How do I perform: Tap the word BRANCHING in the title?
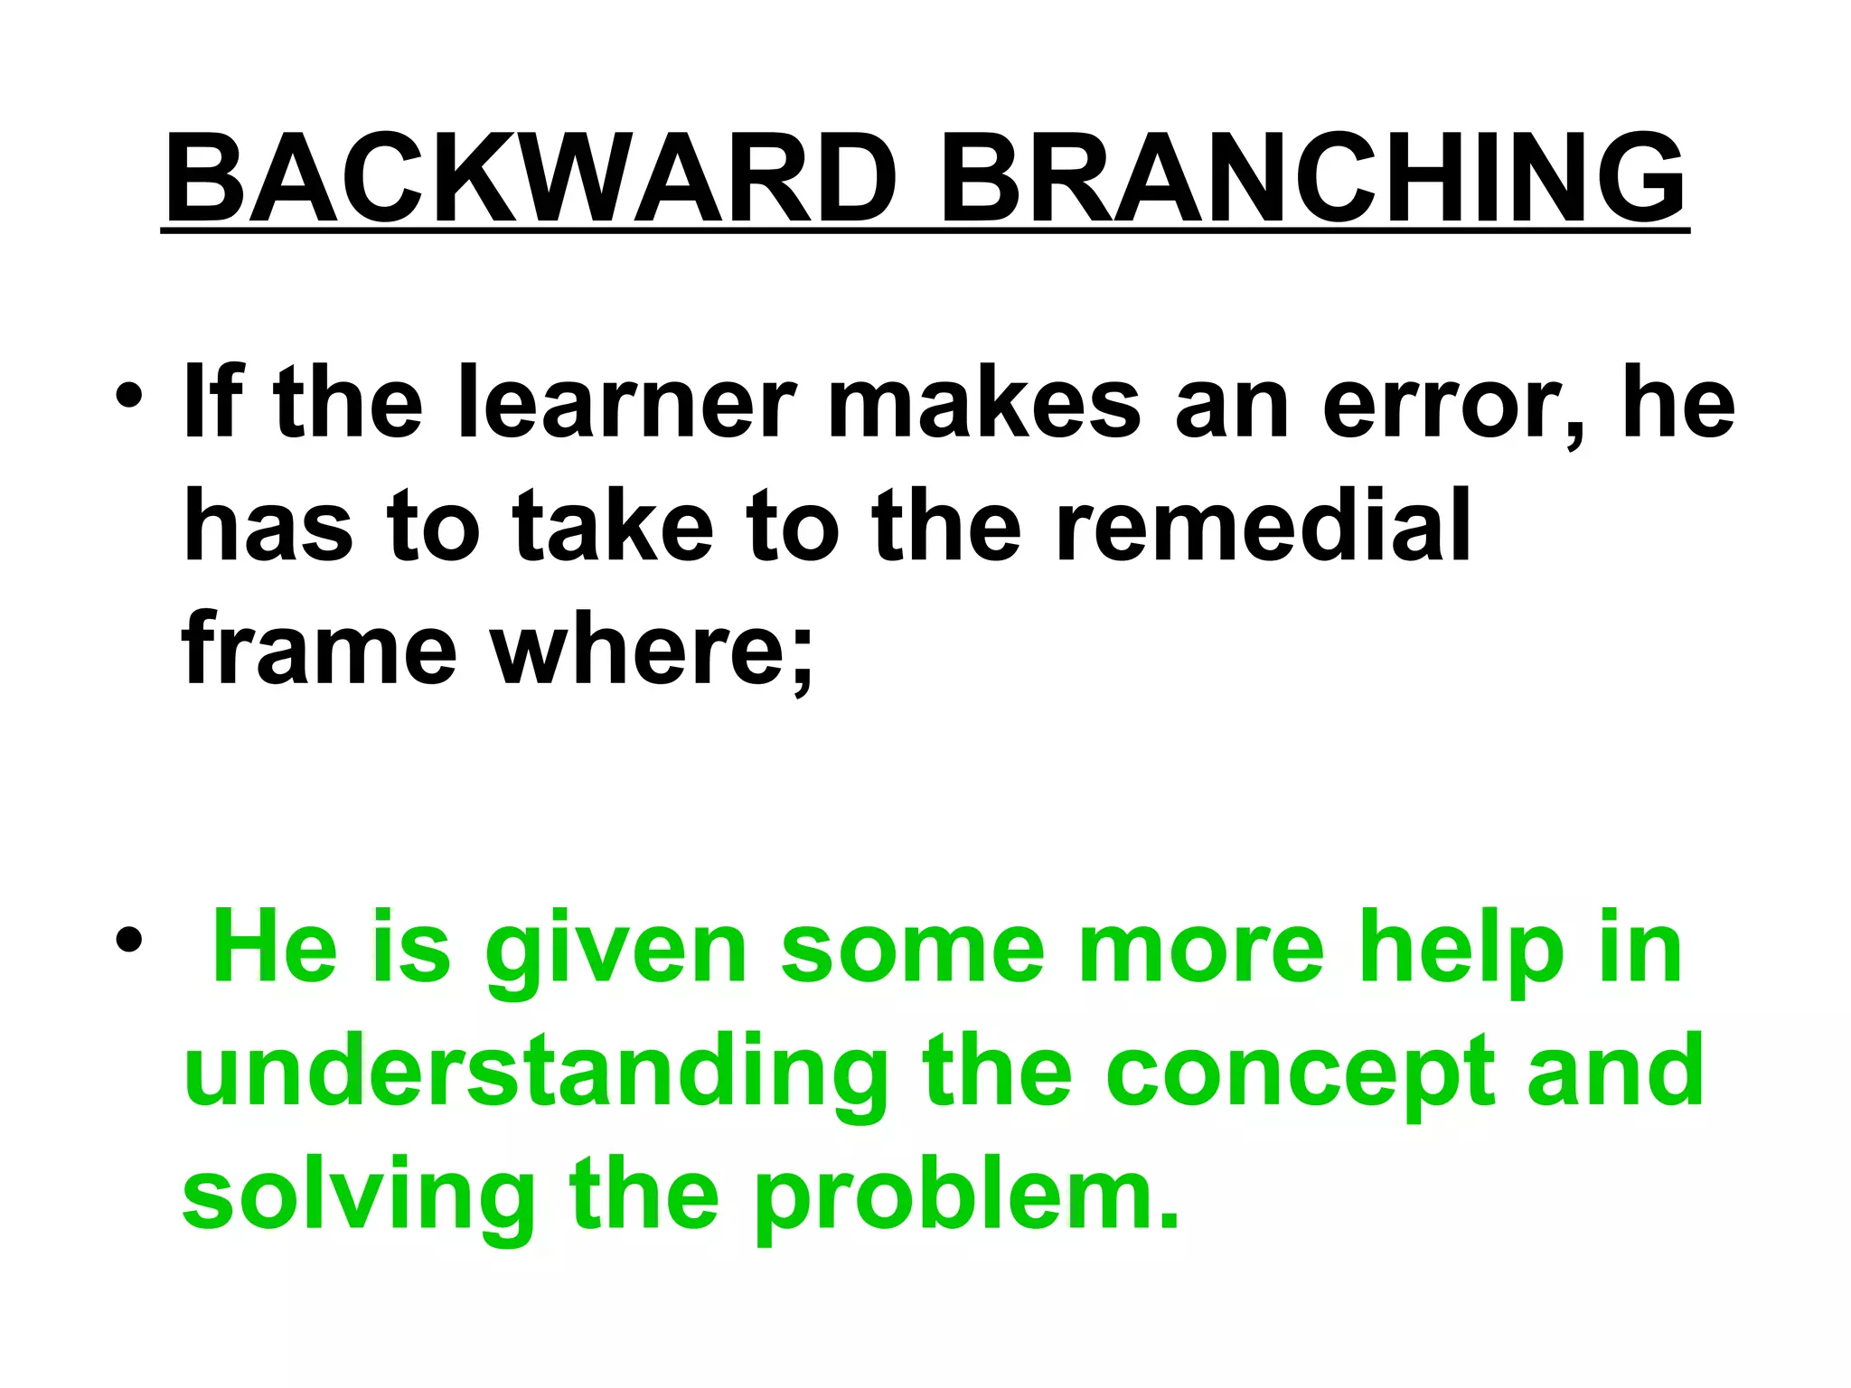pos(1311,178)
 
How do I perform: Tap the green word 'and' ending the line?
pos(1614,1072)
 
